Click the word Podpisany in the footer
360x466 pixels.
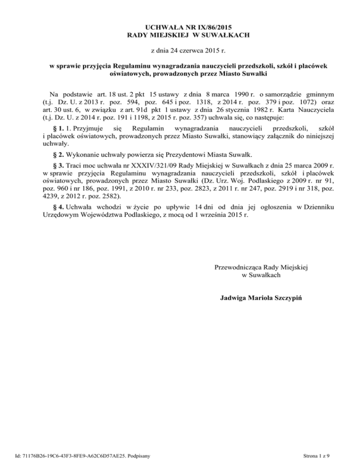click(146, 455)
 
